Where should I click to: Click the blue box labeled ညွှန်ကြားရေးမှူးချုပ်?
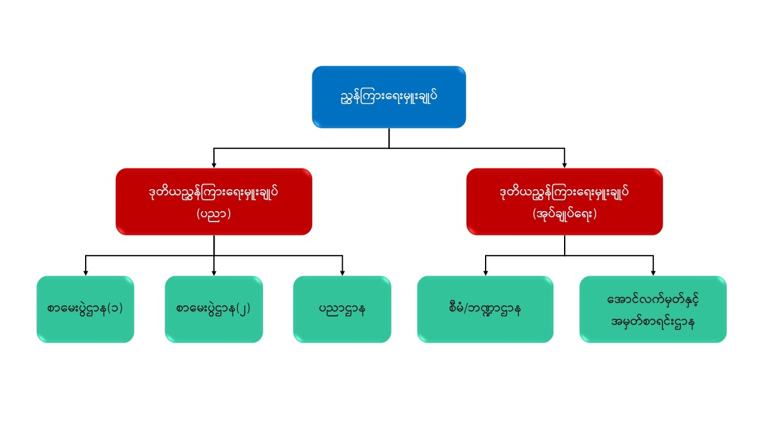(x=389, y=97)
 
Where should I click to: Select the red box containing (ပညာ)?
(x=213, y=201)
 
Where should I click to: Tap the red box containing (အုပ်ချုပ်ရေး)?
(x=564, y=201)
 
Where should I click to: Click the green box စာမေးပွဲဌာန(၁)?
(x=85, y=309)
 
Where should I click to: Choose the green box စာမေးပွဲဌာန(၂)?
(x=214, y=309)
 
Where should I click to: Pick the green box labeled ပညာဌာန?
(x=342, y=309)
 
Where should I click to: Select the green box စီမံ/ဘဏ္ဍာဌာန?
(x=485, y=309)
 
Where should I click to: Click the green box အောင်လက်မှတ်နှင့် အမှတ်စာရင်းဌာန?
(x=653, y=309)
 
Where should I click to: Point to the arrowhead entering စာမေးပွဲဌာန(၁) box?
(x=85, y=273)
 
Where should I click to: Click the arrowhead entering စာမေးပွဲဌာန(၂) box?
(x=214, y=273)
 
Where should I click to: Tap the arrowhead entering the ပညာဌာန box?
(x=342, y=273)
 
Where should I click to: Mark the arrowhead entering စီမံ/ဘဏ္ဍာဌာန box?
(x=485, y=273)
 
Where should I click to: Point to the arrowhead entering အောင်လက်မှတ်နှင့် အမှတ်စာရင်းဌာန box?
(x=653, y=273)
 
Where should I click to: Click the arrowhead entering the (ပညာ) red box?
(x=213, y=165)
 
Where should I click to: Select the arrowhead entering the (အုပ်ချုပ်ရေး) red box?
(x=565, y=165)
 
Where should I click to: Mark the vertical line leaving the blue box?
(x=389, y=137)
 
